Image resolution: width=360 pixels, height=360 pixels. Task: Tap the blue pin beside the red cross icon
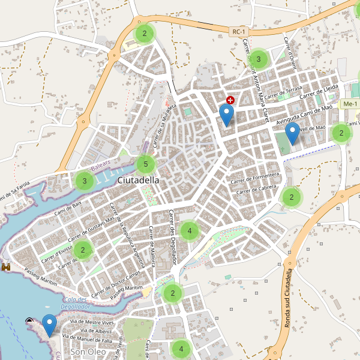click(x=226, y=114)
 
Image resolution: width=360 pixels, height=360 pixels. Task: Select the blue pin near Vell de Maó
click(x=292, y=133)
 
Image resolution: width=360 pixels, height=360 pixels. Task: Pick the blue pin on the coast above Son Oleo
click(x=49, y=325)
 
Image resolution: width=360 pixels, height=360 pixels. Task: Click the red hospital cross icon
click(x=230, y=100)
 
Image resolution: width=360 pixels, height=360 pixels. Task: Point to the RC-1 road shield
click(x=240, y=31)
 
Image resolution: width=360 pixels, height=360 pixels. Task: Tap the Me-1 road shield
click(x=349, y=104)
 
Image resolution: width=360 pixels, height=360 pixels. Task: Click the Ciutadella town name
click(x=139, y=180)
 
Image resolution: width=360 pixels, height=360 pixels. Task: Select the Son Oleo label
click(x=88, y=352)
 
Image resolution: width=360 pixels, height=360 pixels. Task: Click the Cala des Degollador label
click(x=76, y=302)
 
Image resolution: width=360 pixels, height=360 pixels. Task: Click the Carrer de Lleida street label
click(x=320, y=91)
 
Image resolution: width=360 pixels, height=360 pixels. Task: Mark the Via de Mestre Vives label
click(x=92, y=322)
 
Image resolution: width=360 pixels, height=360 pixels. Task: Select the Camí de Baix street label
click(x=67, y=209)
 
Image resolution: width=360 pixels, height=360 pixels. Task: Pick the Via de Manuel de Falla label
click(x=90, y=340)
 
